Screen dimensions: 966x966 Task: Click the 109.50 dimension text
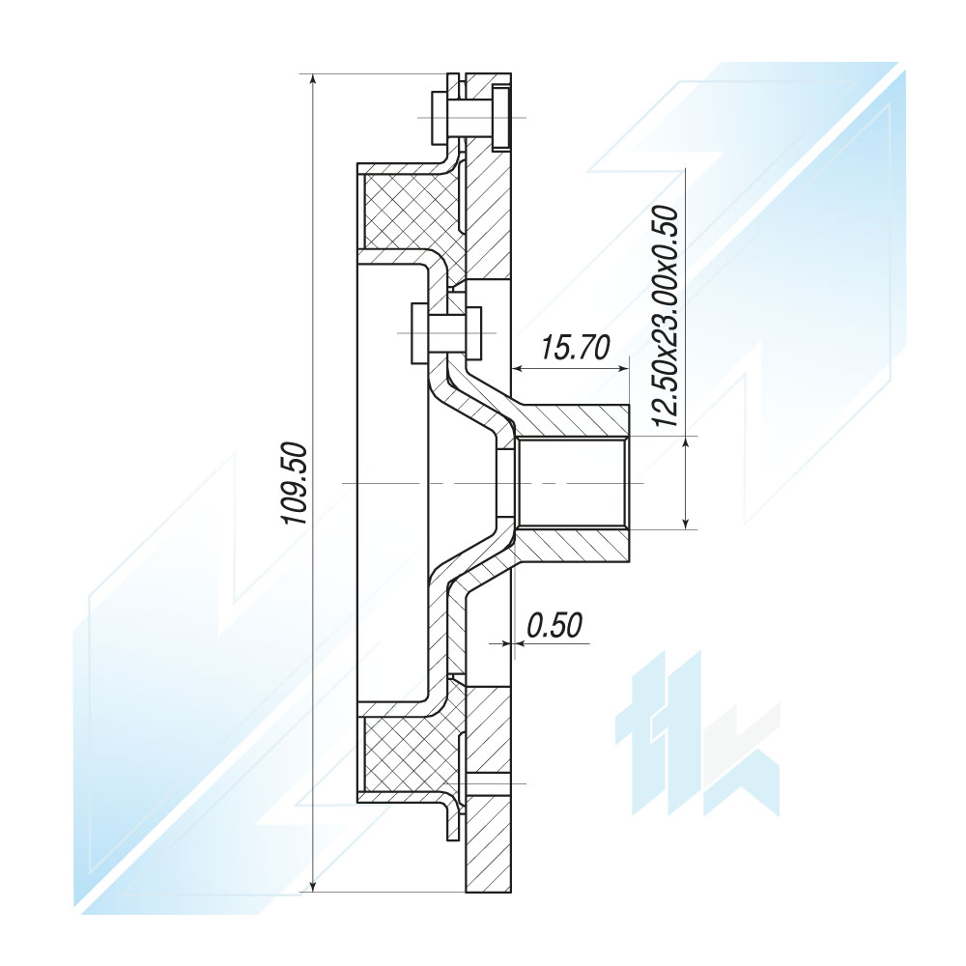coord(295,482)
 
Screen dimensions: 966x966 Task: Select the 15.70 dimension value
coord(576,348)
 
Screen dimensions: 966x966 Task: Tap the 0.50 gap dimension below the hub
coord(554,625)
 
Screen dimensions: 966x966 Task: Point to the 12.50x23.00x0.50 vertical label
coord(665,316)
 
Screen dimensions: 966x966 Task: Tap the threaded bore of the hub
coord(572,483)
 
